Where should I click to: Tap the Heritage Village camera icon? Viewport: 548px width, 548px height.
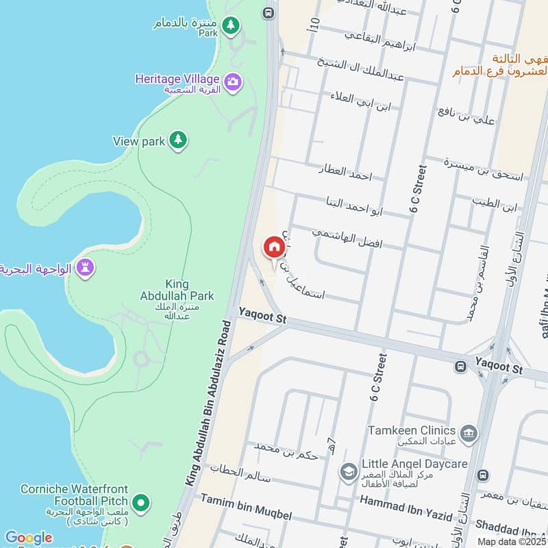click(233, 82)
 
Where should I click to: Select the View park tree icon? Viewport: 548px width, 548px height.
click(178, 140)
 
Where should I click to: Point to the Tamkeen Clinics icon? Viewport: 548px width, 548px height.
click(469, 432)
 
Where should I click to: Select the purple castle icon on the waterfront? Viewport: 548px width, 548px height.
click(85, 266)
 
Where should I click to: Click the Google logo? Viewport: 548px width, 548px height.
click(28, 538)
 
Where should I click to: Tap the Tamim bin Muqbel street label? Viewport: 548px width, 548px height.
click(246, 514)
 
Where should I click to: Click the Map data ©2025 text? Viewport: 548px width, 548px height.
click(512, 541)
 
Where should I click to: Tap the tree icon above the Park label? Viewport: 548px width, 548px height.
click(232, 25)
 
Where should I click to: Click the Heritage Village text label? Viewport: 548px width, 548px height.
click(177, 79)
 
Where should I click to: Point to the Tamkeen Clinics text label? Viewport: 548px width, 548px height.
click(411, 429)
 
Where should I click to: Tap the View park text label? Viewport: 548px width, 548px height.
click(139, 141)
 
